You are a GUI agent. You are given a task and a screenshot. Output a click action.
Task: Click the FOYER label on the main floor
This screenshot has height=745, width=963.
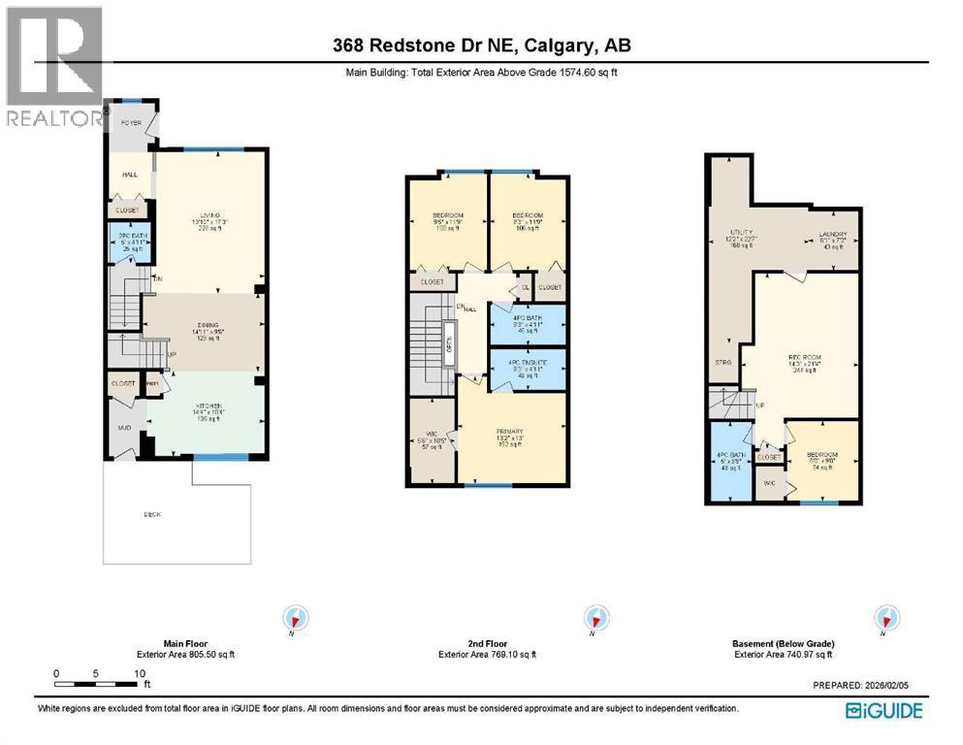click(x=130, y=123)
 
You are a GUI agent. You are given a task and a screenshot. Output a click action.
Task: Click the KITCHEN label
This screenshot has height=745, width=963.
click(x=204, y=405)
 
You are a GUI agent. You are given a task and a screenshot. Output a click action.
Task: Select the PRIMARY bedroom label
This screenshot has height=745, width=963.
click(x=510, y=432)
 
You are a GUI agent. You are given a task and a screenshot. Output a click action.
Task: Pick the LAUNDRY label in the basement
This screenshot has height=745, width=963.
click(x=832, y=234)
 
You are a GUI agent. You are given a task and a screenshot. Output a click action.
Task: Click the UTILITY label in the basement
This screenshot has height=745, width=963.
click(x=742, y=234)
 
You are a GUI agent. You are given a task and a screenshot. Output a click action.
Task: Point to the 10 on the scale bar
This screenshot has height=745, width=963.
click(x=140, y=672)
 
